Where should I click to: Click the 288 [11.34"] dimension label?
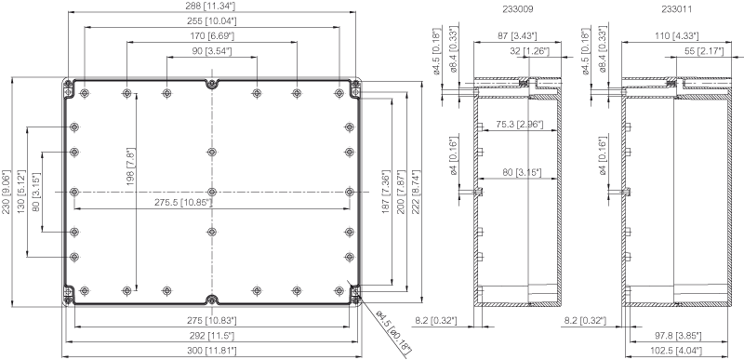pyautogui.click(x=212, y=6)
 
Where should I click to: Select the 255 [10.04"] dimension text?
pyautogui.click(x=213, y=20)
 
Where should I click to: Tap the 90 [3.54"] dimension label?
pyautogui.click(x=212, y=50)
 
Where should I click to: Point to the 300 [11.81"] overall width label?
pyautogui.click(x=213, y=351)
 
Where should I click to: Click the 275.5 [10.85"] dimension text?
pyautogui.click(x=183, y=203)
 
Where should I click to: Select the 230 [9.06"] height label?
pyautogui.click(x=7, y=193)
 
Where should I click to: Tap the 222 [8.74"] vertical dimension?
pyautogui.click(x=416, y=193)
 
